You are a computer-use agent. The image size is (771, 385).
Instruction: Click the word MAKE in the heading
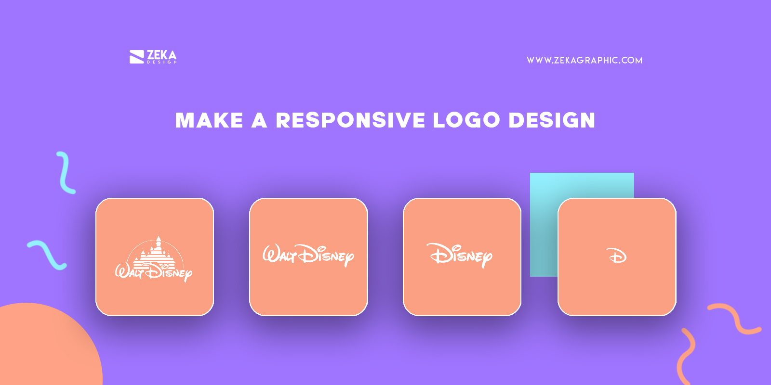(x=209, y=120)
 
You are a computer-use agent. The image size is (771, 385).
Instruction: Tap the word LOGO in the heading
(x=466, y=120)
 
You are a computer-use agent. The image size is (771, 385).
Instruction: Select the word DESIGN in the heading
(x=552, y=120)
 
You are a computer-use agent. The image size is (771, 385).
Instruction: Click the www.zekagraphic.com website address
(x=584, y=60)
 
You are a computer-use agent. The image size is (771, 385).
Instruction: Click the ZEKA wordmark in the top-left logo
(x=161, y=54)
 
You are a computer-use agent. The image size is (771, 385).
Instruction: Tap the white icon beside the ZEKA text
(x=137, y=57)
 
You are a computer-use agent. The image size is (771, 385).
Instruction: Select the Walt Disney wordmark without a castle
(x=308, y=255)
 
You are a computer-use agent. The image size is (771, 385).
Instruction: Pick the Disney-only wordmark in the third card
(x=461, y=255)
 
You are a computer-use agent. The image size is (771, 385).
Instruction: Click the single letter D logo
(x=617, y=256)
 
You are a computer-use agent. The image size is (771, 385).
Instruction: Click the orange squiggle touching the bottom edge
(x=687, y=356)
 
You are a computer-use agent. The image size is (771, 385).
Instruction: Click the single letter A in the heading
(x=259, y=120)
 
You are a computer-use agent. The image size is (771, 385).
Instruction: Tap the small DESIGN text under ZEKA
(x=162, y=62)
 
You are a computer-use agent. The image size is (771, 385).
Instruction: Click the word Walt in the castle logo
(x=129, y=272)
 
